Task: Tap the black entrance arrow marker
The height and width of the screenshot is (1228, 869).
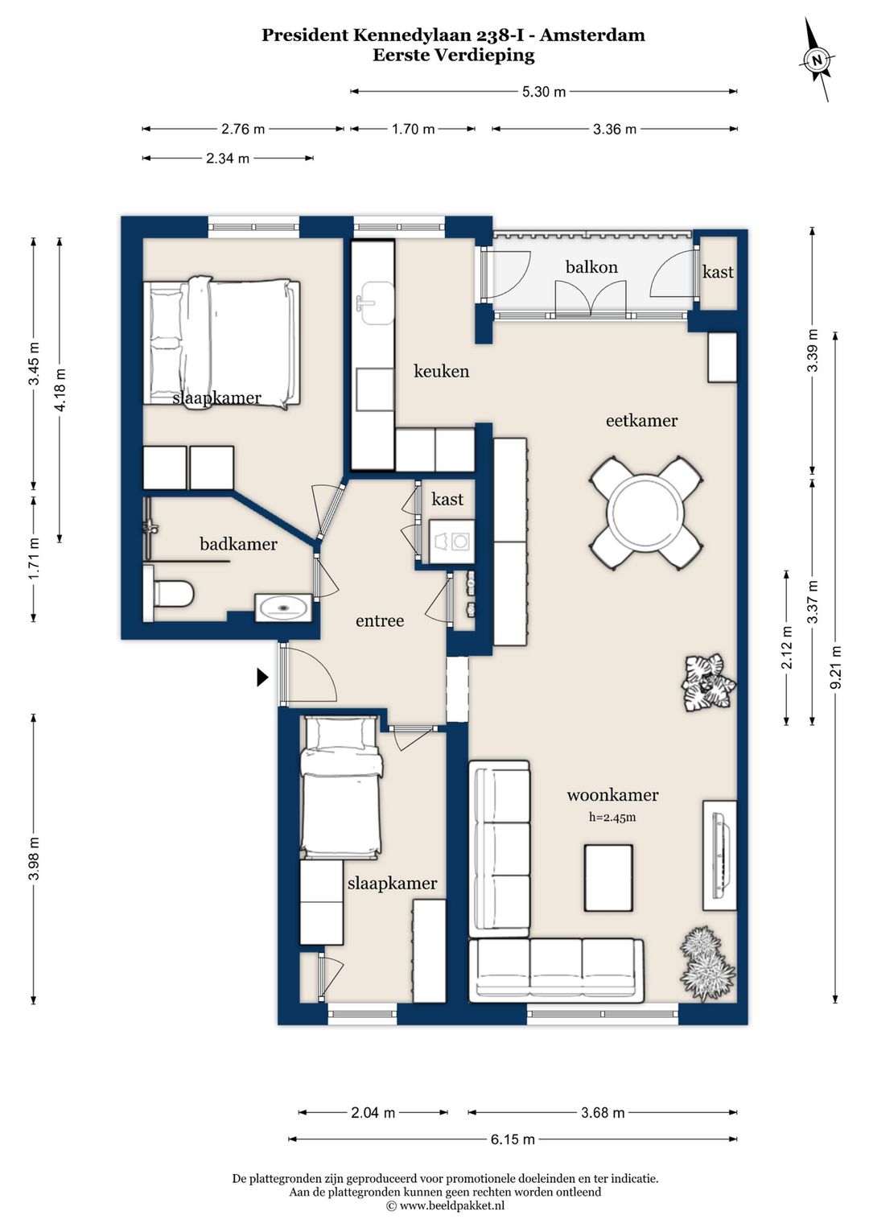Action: tap(262, 678)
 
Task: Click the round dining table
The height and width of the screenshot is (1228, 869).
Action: tap(646, 513)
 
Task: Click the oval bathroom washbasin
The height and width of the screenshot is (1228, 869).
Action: tap(283, 608)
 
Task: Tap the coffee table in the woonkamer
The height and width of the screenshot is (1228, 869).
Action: tap(608, 878)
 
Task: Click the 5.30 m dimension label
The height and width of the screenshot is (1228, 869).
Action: tap(543, 92)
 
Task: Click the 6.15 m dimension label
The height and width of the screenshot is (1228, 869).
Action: tap(513, 1139)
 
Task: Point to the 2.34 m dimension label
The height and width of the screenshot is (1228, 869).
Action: tap(228, 159)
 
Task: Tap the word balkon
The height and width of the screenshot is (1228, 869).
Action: tap(591, 267)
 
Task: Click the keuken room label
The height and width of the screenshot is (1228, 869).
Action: tap(442, 371)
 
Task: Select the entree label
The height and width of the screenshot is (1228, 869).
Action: tap(380, 620)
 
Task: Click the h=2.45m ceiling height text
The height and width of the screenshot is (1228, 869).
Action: tap(612, 817)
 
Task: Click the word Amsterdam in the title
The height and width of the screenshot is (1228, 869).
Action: tap(596, 35)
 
